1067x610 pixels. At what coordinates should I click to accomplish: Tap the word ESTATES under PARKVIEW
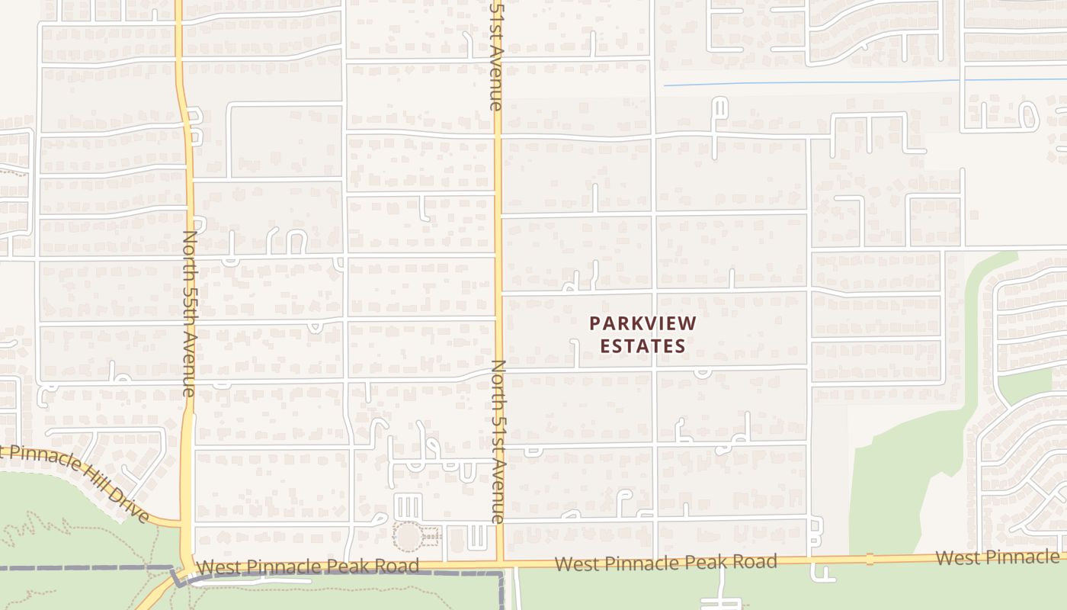[642, 345]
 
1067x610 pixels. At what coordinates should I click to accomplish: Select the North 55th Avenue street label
[189, 313]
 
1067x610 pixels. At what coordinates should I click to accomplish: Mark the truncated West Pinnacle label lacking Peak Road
[998, 557]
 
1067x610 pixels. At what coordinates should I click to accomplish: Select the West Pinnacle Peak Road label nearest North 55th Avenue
[307, 567]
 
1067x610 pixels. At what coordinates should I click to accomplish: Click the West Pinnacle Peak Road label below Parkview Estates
[665, 563]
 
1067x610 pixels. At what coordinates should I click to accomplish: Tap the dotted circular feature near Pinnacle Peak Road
[408, 536]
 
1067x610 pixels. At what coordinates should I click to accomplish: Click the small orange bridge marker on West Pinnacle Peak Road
[870, 560]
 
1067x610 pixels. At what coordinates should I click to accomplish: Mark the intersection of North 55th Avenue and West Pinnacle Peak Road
[186, 568]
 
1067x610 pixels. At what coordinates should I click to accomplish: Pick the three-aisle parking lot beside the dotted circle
[408, 506]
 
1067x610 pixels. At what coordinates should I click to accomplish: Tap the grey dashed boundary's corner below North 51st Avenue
[502, 573]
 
